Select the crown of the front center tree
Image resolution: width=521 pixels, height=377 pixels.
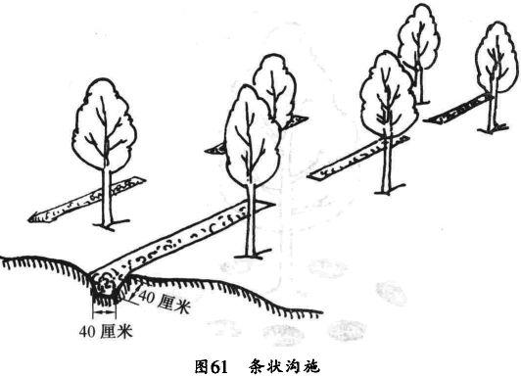pyautogui.click(x=251, y=142)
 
